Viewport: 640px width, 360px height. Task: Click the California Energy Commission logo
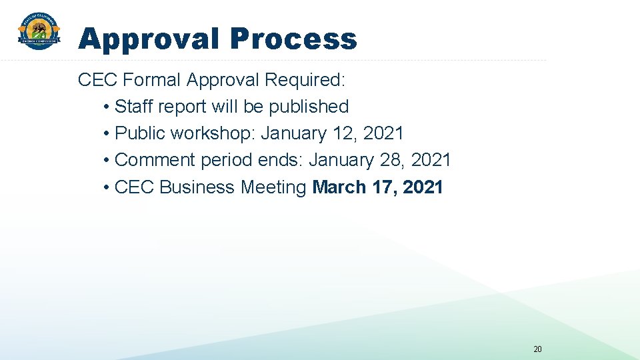39,32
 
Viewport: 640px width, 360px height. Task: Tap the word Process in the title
293,39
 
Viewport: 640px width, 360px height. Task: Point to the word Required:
305,80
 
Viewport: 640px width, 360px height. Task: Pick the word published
309,107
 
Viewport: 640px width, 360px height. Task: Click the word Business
197,187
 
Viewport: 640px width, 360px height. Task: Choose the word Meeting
273,187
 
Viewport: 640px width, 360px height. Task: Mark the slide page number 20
538,348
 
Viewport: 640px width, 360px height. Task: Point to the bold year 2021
423,187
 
